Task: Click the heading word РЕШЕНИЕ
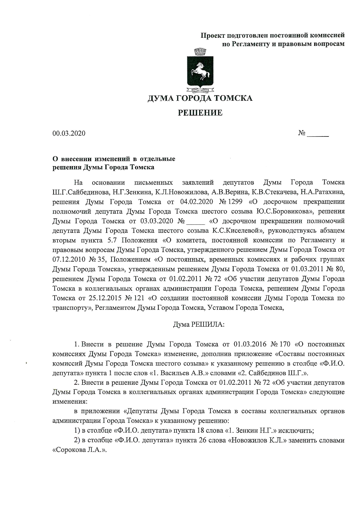(x=200, y=113)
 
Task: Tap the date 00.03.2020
(x=69, y=134)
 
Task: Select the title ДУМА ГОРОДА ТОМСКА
(x=200, y=98)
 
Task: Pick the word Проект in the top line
(x=213, y=35)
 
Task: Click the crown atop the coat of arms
(x=200, y=52)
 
